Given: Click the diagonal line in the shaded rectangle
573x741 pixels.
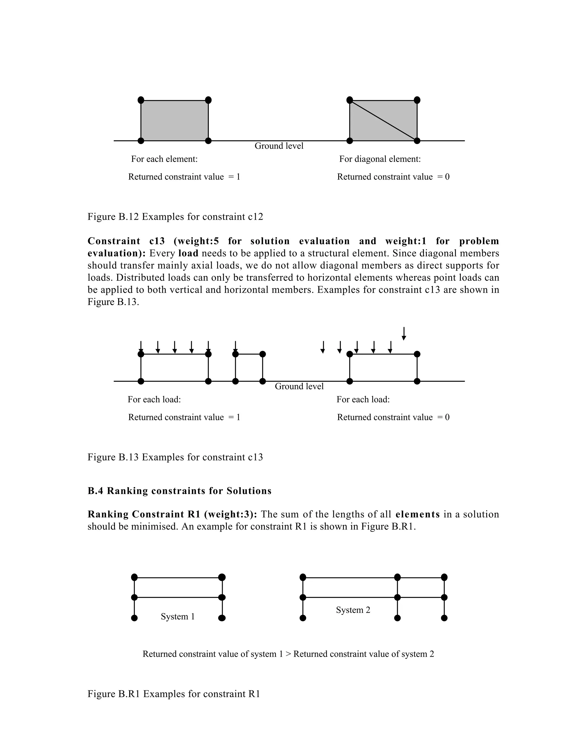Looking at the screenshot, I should click(x=383, y=120).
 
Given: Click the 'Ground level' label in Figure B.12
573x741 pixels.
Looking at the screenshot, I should click(x=279, y=146).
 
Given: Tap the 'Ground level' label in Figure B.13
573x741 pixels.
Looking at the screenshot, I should click(x=299, y=386).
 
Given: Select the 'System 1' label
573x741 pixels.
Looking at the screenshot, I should click(x=178, y=617).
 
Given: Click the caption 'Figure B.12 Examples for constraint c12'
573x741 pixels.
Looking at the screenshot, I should click(x=175, y=216).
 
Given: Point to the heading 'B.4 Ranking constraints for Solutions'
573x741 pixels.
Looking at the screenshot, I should click(x=179, y=491).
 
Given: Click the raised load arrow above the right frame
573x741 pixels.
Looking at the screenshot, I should click(x=404, y=334).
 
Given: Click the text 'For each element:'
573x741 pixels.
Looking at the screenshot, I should click(x=164, y=159).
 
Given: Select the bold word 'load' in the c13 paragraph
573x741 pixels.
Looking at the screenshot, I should click(x=188, y=253).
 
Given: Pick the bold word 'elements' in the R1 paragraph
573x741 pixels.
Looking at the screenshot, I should click(x=417, y=514).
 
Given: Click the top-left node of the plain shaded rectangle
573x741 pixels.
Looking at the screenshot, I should click(x=141, y=100).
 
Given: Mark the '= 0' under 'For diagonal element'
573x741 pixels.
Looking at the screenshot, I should click(x=443, y=177).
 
